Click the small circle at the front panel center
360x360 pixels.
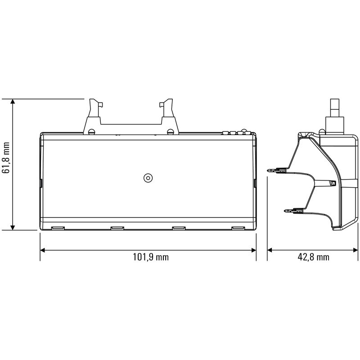[147, 178]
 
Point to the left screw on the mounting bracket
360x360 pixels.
[92, 132]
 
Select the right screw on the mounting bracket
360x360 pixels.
[170, 132]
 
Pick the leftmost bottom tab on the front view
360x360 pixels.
[57, 228]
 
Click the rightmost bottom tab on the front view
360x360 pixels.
[238, 228]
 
